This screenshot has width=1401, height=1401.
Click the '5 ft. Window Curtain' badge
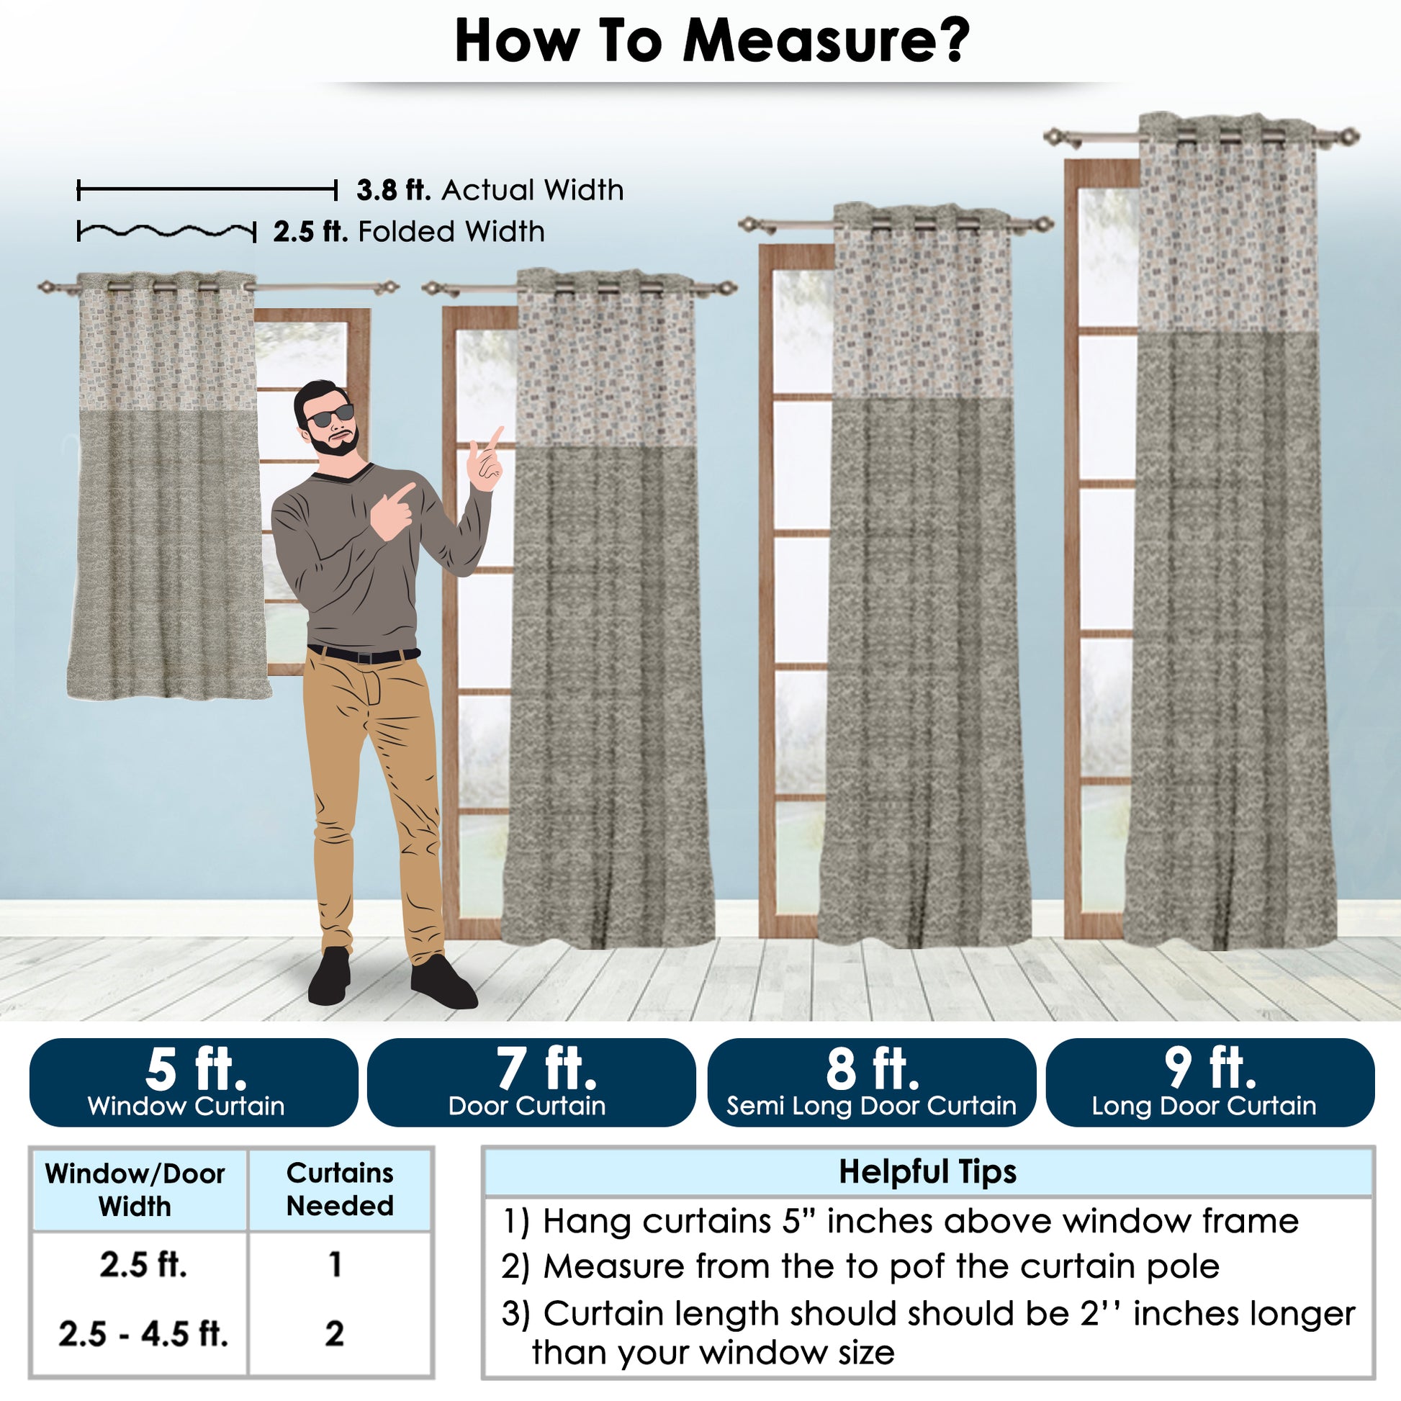click(x=194, y=1082)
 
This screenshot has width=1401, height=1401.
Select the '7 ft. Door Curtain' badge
click(x=531, y=1082)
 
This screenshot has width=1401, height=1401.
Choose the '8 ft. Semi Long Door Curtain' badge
click(x=871, y=1082)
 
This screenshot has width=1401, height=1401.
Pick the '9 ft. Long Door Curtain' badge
click(x=1210, y=1082)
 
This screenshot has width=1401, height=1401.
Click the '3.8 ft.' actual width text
click(x=394, y=190)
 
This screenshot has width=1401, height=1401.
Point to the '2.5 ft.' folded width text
click(x=310, y=232)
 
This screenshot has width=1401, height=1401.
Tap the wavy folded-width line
click(x=167, y=231)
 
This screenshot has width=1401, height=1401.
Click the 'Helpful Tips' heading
click(x=927, y=1171)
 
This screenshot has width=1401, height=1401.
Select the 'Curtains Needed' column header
click(x=340, y=1189)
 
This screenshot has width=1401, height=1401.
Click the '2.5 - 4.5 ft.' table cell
click(x=143, y=1333)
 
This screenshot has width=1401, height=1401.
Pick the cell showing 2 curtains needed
click(x=334, y=1333)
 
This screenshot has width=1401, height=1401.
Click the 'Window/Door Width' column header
click(x=135, y=1190)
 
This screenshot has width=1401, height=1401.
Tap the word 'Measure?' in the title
click(x=826, y=40)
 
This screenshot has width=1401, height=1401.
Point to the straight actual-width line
click(x=207, y=191)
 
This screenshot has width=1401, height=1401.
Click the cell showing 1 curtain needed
click(x=335, y=1264)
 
